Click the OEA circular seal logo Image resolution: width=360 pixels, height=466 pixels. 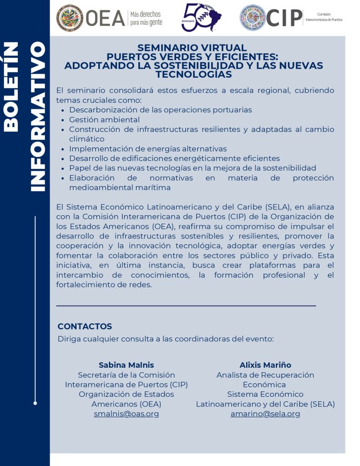[x=69, y=18]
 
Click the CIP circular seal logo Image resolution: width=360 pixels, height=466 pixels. [x=252, y=18]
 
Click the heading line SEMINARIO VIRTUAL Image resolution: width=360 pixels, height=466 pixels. [x=192, y=48]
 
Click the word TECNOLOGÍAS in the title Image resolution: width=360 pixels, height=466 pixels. [x=193, y=75]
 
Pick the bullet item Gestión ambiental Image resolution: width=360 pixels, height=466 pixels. [x=104, y=120]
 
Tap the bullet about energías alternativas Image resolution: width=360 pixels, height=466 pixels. [x=148, y=149]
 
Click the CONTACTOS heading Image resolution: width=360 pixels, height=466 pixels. [x=85, y=326]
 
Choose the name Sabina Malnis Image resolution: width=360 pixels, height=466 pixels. [x=127, y=365]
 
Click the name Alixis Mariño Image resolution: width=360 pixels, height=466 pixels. [x=265, y=365]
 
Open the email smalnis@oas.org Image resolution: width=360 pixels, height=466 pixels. [x=127, y=414]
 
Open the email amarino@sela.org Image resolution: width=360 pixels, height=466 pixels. [x=265, y=414]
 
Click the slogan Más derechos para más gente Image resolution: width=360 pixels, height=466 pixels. [x=146, y=18]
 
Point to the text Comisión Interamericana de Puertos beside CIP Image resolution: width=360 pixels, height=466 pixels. [x=324, y=17]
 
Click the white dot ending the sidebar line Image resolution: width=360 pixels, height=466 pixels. [x=35, y=403]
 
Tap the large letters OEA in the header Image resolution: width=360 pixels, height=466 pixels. [x=105, y=18]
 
